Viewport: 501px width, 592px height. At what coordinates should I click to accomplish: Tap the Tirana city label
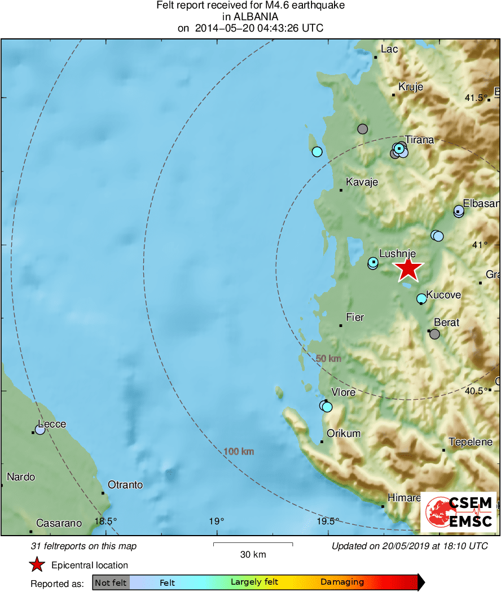tap(419, 140)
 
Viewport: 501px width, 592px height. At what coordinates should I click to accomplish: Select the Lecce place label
tap(52, 424)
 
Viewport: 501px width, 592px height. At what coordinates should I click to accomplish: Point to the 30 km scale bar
tap(253, 544)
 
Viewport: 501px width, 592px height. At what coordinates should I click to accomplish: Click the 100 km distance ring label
tap(239, 452)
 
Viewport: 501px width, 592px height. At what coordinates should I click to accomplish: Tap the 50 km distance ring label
tap(328, 359)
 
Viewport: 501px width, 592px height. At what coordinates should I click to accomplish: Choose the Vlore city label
tap(344, 392)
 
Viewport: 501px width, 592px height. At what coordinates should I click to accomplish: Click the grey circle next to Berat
tap(434, 334)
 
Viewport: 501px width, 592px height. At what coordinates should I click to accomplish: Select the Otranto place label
tap(125, 485)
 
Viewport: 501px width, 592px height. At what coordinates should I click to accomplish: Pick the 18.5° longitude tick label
tap(106, 522)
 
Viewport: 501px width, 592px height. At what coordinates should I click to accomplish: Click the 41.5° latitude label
tap(476, 98)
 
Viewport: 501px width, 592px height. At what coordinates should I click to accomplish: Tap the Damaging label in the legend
tap(342, 582)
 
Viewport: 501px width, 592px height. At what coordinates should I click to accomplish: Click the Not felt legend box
tap(111, 582)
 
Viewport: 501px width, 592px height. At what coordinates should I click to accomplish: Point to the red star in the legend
tap(37, 564)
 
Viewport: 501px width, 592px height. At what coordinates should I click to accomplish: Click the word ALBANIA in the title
tap(250, 17)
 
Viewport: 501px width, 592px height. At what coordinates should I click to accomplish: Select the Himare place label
tap(404, 498)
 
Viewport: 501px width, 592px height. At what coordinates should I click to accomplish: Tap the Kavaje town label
tap(362, 182)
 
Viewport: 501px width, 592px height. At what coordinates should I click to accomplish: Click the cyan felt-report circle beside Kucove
tap(421, 298)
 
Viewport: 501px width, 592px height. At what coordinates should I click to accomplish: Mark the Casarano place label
tap(59, 523)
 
